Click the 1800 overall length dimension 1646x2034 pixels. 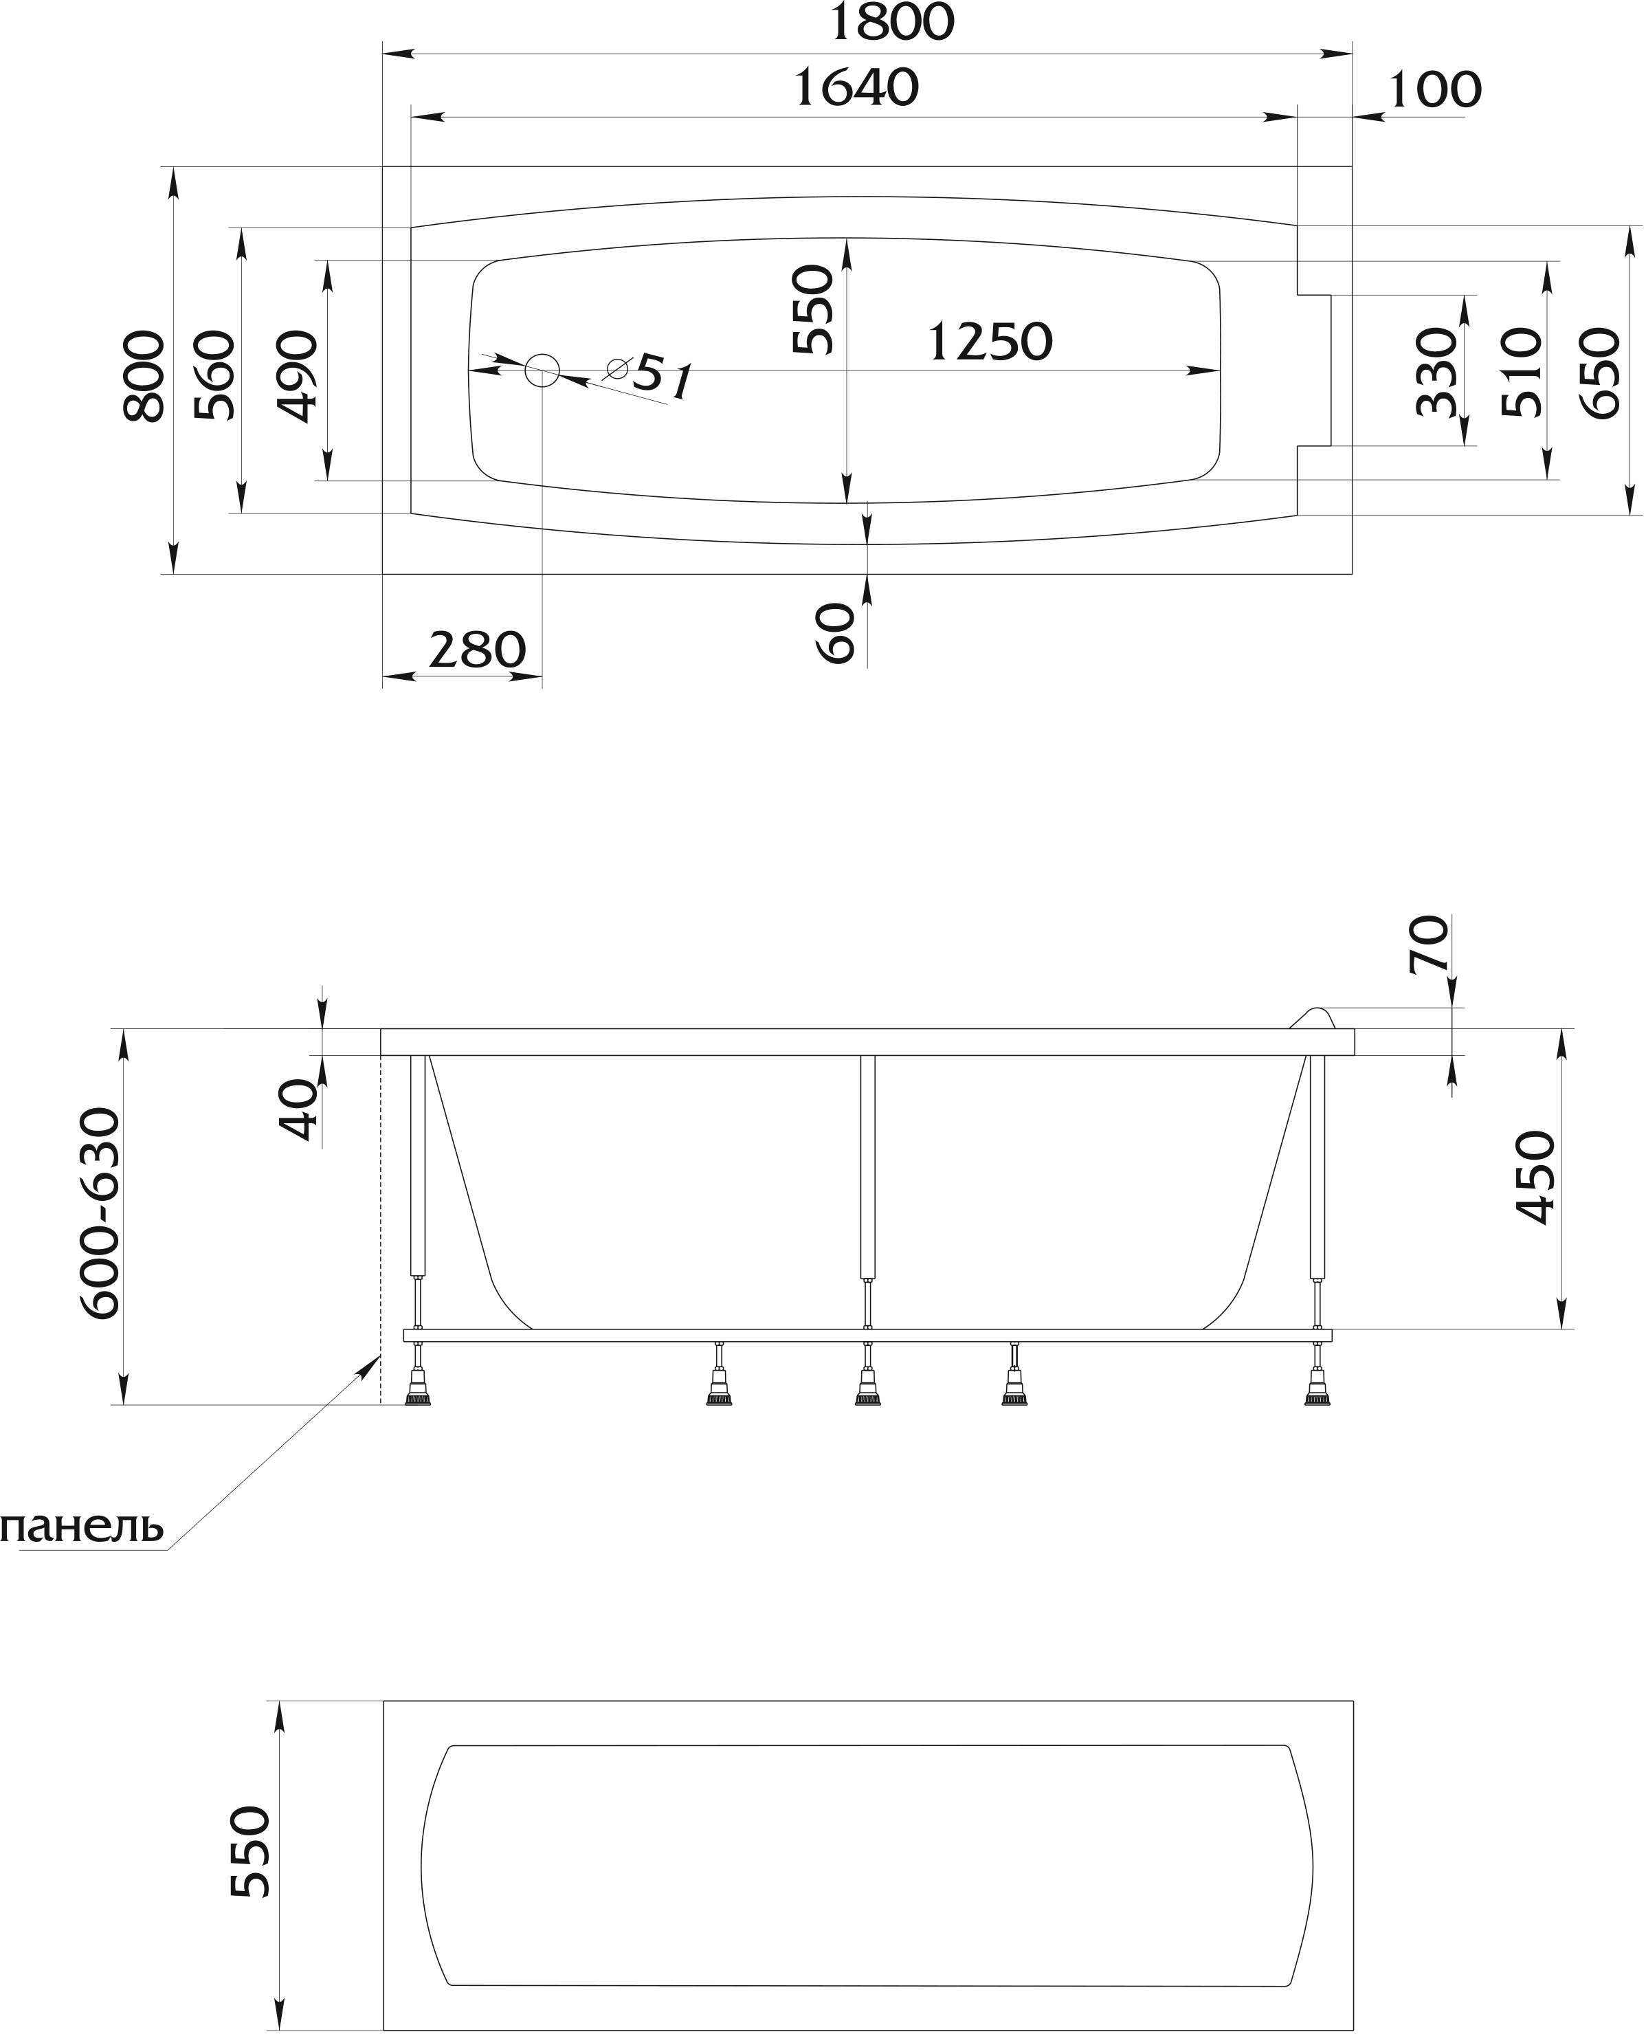coord(891,23)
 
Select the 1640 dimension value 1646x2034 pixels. coord(857,87)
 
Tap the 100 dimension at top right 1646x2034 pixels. coord(1434,90)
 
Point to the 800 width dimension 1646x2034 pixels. coord(144,375)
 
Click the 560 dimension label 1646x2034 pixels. coord(213,375)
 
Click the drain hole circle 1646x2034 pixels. coord(542,370)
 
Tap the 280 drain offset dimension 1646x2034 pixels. coord(477,650)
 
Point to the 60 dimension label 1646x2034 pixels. coord(835,633)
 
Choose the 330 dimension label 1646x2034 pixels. coord(1436,372)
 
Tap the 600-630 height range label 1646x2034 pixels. coord(100,1214)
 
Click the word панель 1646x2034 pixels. coord(82,1527)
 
